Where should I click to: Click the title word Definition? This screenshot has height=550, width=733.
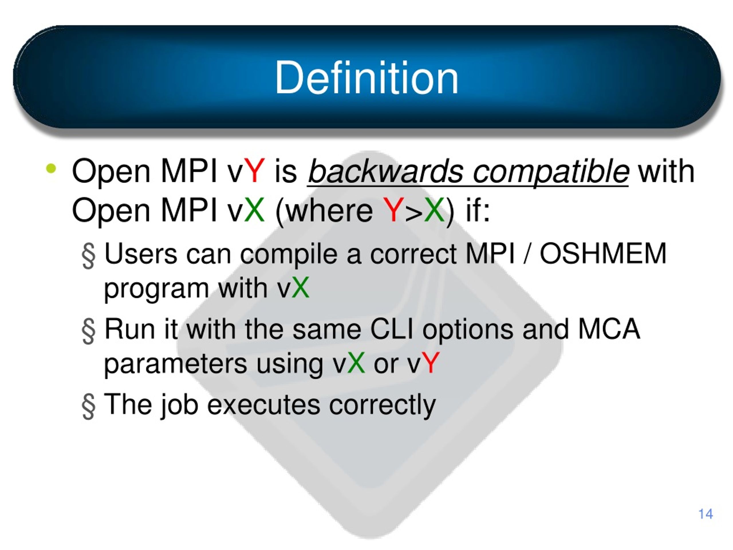(366, 78)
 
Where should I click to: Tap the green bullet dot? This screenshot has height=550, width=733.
(51, 168)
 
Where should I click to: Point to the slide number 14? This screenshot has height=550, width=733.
(706, 514)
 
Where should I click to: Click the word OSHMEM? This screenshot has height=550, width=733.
(603, 253)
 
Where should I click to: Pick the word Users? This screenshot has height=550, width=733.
(141, 254)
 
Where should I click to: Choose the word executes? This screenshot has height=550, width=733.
(264, 404)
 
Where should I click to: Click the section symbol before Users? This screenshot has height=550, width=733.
(88, 256)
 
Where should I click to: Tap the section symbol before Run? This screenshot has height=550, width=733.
(88, 331)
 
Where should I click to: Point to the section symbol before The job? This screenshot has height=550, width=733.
(88, 406)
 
